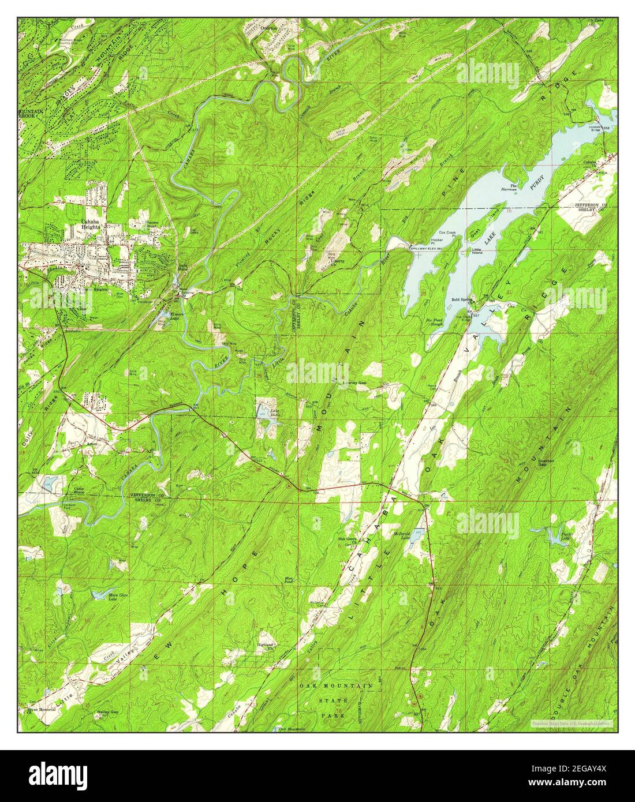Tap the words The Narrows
[x=509, y=186]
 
